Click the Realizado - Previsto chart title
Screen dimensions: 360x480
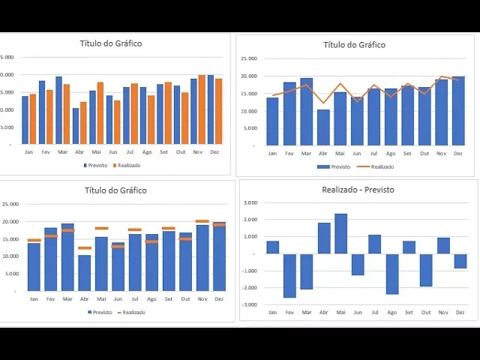coord(358,190)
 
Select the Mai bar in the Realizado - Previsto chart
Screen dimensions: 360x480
coord(340,233)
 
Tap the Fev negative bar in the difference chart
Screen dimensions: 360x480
coord(289,275)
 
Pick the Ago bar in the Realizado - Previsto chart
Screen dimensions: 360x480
coord(392,273)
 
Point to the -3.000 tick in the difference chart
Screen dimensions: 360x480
coord(250,304)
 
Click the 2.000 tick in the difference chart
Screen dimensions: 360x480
coord(252,220)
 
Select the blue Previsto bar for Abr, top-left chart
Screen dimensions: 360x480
coord(75,126)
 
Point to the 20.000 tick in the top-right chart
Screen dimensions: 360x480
coord(249,76)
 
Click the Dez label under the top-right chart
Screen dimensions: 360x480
coord(458,153)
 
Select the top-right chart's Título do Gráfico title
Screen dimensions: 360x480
coord(354,45)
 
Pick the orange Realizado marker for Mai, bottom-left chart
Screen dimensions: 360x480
coord(101,228)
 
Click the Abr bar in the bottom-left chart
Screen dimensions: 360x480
coord(84,273)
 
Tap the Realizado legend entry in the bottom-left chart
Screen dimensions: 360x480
coord(133,312)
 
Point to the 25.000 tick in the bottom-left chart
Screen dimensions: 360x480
coord(10,204)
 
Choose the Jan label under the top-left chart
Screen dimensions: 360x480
coord(28,151)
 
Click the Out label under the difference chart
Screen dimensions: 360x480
coord(426,312)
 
